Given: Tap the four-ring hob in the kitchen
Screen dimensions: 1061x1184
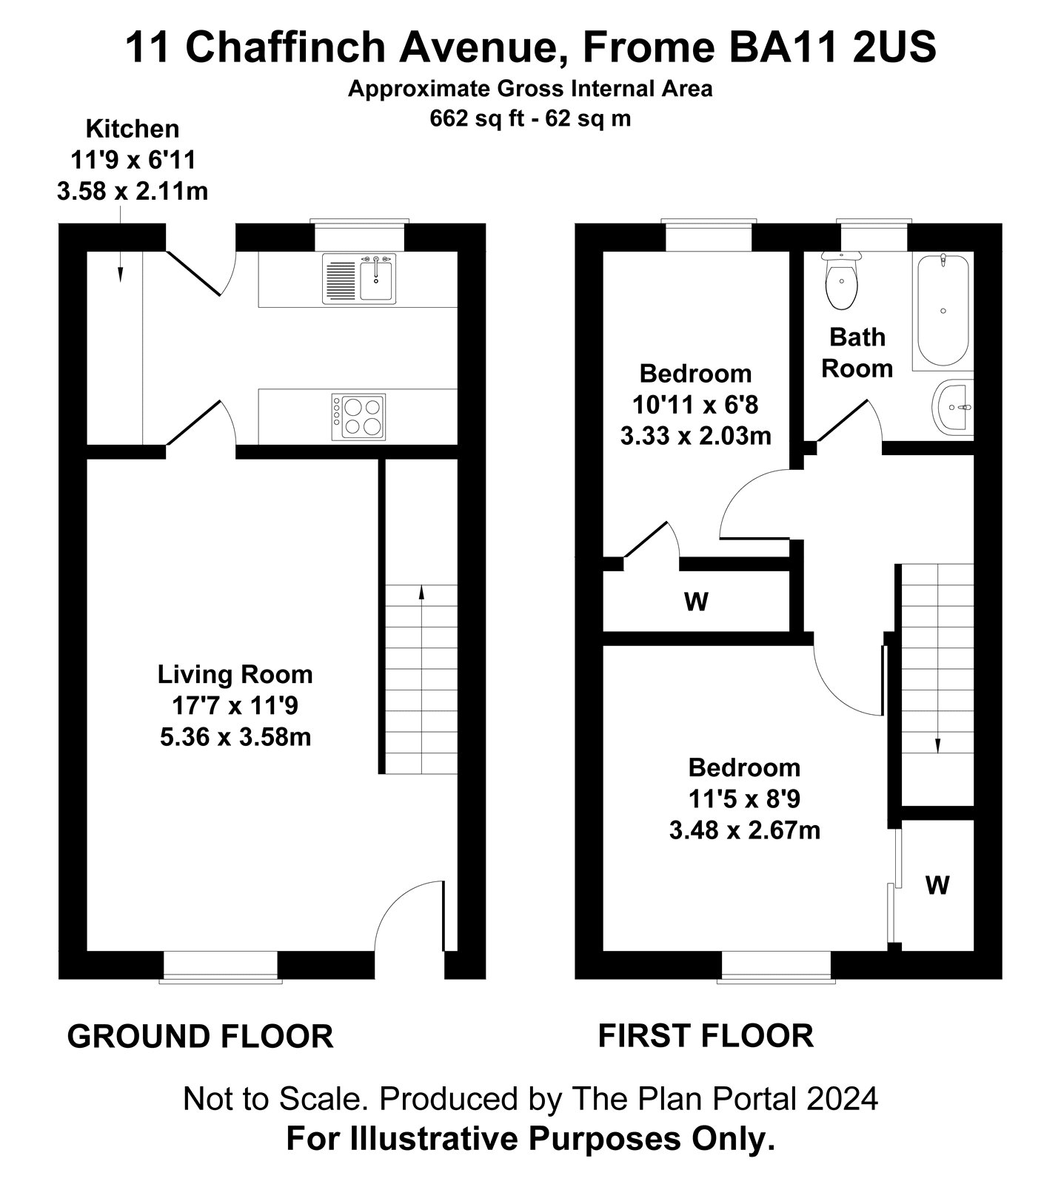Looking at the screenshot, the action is pyautogui.click(x=359, y=417).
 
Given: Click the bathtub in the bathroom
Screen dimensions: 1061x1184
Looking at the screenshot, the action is pyautogui.click(x=942, y=311).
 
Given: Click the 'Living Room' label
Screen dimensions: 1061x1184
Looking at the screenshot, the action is pyautogui.click(x=235, y=674).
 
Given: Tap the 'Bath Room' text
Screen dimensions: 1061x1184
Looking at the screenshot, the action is pyautogui.click(x=857, y=352).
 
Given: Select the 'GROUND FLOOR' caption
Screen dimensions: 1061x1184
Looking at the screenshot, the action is pyautogui.click(x=200, y=1037).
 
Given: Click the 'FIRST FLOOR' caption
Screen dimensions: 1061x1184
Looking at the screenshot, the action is pyautogui.click(x=706, y=1036).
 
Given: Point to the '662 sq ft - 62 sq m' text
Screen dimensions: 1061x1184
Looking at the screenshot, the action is pyautogui.click(x=531, y=118).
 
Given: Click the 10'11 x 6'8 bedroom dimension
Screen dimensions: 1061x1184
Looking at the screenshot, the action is pyautogui.click(x=695, y=405).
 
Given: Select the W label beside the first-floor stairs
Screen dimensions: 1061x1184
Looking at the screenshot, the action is pyautogui.click(x=937, y=885).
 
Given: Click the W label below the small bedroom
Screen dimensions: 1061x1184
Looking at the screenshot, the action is pyautogui.click(x=696, y=602).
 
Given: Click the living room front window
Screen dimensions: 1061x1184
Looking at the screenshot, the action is pyautogui.click(x=221, y=967).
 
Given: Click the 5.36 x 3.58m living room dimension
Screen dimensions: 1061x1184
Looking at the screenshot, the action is pyautogui.click(x=235, y=738).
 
